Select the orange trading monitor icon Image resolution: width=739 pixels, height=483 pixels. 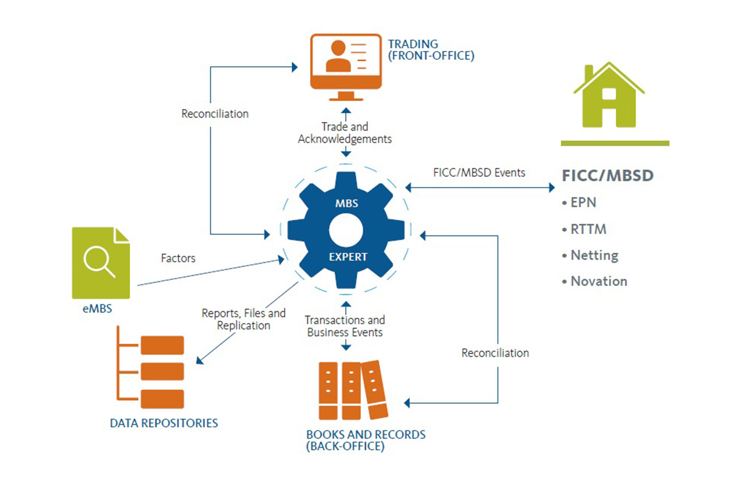click(x=346, y=66)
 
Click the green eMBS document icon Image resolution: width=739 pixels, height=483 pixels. click(x=101, y=263)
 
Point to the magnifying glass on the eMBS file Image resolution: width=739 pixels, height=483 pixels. click(x=98, y=261)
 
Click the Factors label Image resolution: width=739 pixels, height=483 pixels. click(x=178, y=258)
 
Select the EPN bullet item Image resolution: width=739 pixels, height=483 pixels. click(x=583, y=202)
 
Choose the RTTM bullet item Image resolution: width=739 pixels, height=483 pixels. click(x=588, y=229)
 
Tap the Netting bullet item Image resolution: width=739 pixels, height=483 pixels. click(x=594, y=255)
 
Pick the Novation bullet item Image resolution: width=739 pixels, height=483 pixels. click(x=599, y=281)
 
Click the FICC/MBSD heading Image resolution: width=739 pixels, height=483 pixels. click(x=607, y=175)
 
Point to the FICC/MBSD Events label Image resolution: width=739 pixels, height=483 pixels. click(x=479, y=173)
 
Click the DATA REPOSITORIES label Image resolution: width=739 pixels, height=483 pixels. click(x=164, y=423)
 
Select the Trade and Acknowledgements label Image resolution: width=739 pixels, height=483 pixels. click(x=345, y=133)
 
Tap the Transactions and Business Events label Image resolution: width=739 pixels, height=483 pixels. click(x=345, y=326)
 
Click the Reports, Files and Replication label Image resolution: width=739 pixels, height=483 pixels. click(x=243, y=319)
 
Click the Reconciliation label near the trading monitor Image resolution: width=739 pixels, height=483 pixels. click(x=215, y=114)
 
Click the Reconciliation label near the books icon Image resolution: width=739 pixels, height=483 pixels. click(x=495, y=353)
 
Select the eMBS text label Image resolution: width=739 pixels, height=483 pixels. click(x=97, y=308)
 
